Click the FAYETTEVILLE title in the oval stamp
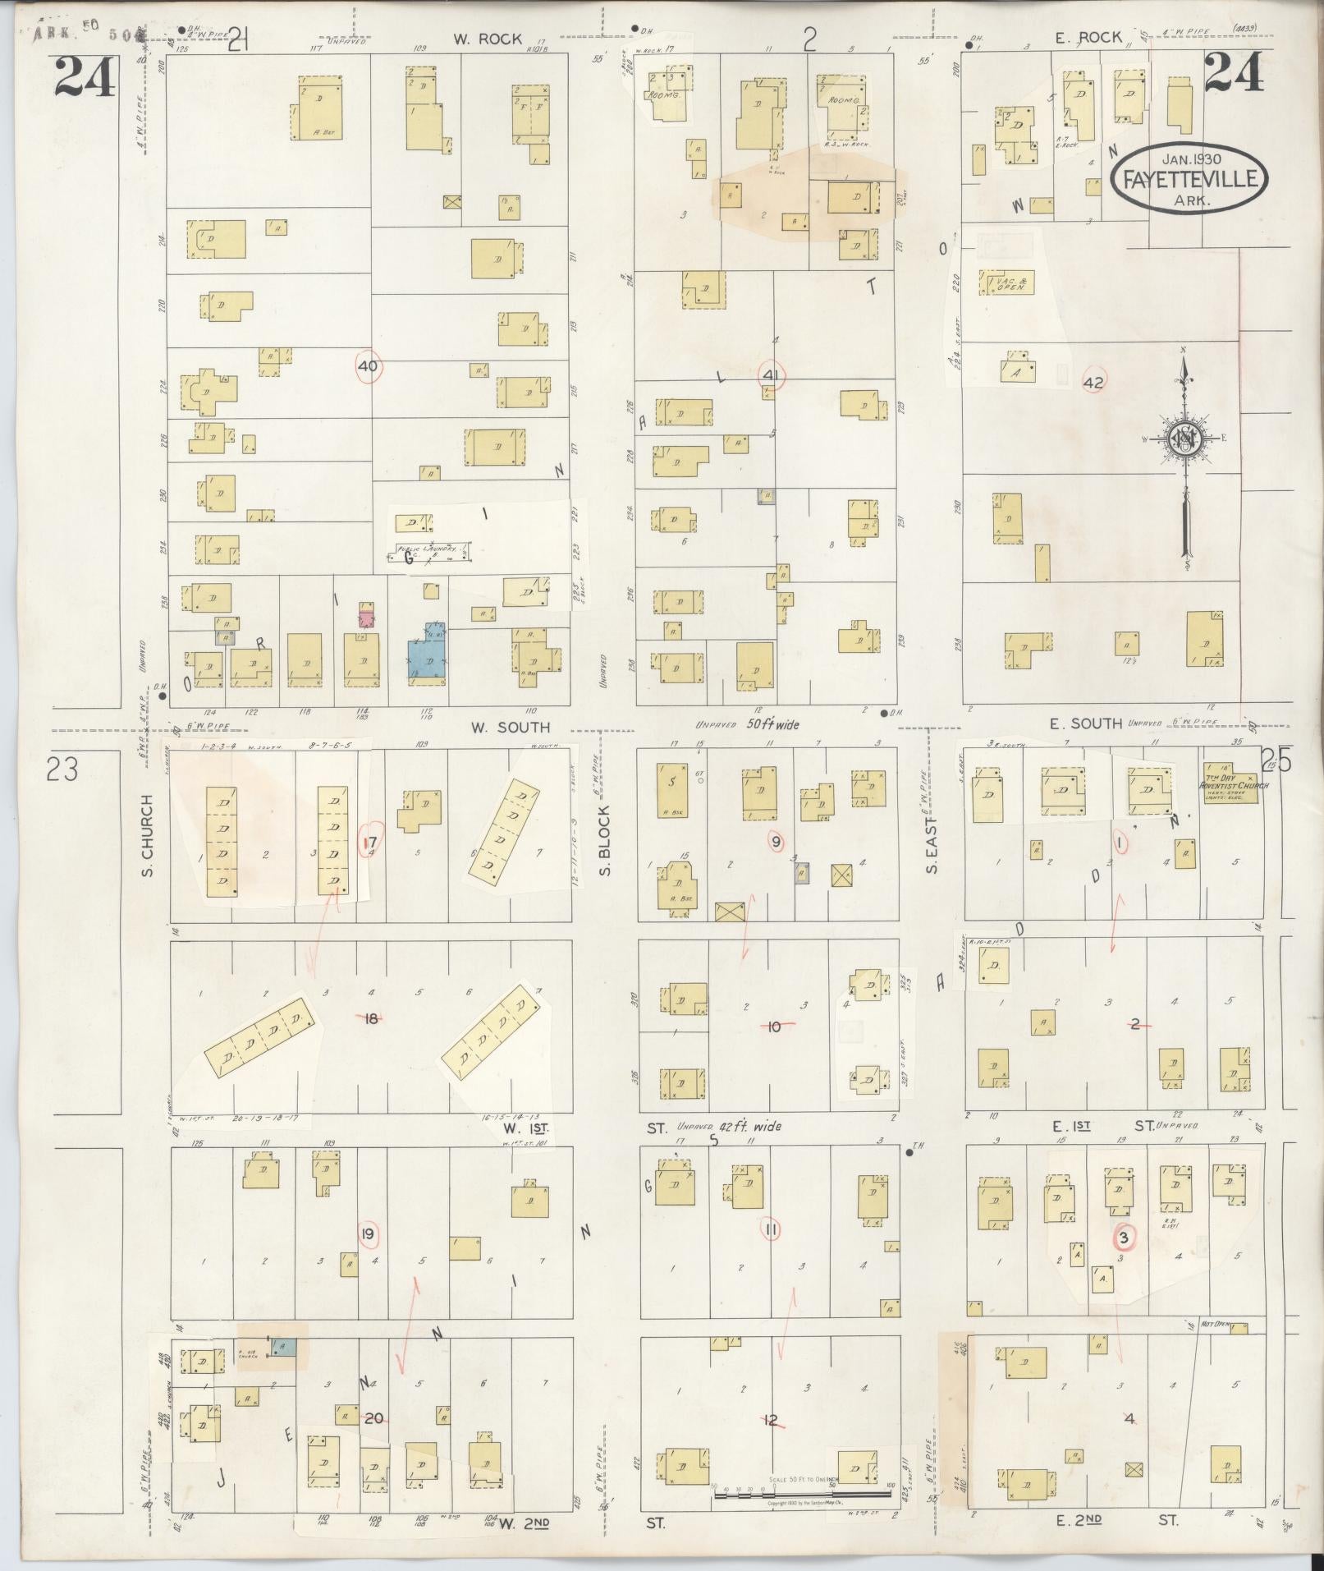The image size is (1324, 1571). point(1189,178)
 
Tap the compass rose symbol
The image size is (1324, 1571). point(1184,439)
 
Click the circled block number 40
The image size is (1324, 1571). point(368,366)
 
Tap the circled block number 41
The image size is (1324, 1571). point(772,375)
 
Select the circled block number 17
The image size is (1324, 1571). point(371,841)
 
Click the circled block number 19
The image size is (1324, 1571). point(369,1232)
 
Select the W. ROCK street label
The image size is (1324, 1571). point(490,38)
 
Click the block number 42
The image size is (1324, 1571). point(1093,383)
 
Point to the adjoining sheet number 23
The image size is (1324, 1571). point(62,770)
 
